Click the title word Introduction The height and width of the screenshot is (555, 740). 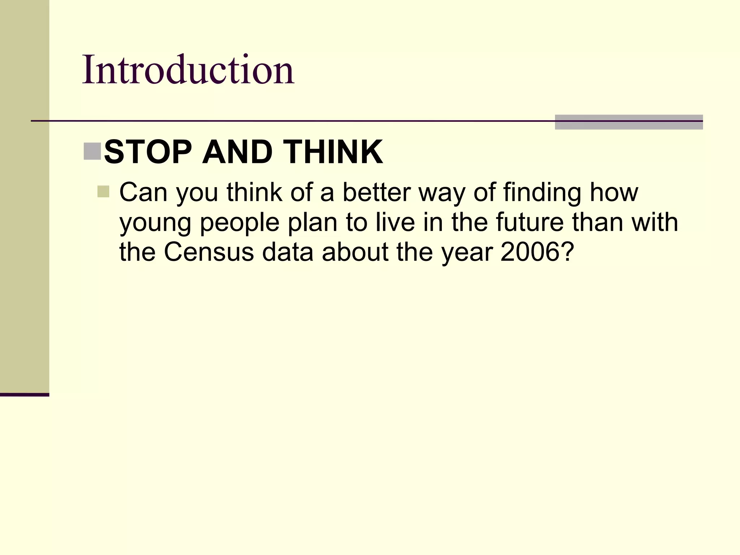[x=188, y=69]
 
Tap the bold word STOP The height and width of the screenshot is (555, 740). [x=148, y=152]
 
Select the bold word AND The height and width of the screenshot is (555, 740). [x=237, y=152]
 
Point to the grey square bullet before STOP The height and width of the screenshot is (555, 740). [x=92, y=151]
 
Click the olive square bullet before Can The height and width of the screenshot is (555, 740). [x=103, y=192]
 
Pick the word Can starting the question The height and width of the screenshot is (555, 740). [x=143, y=192]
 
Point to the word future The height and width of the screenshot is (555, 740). [x=530, y=222]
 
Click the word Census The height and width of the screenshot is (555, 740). [x=209, y=252]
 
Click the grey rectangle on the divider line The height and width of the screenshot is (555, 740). [x=629, y=122]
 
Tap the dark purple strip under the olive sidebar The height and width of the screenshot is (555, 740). [x=25, y=395]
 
